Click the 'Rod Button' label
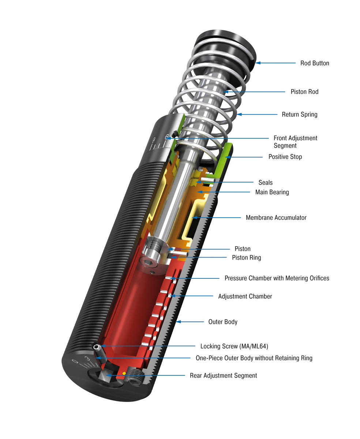tap(315, 63)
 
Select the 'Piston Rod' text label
tap(304, 92)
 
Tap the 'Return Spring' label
tap(299, 115)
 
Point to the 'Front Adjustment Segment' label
tap(295, 142)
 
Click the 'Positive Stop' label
tap(285, 157)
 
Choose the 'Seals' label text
tap(265, 183)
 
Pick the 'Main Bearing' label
tap(272, 192)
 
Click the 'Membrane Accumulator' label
tap(276, 218)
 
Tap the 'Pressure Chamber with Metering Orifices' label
tap(277, 278)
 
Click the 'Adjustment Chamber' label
tap(245, 296)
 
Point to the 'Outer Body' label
tap(222, 322)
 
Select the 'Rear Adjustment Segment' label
tap(223, 376)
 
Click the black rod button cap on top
tap(225, 42)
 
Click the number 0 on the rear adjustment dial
tap(75, 362)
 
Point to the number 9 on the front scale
tap(154, 140)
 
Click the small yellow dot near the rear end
tap(124, 373)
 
